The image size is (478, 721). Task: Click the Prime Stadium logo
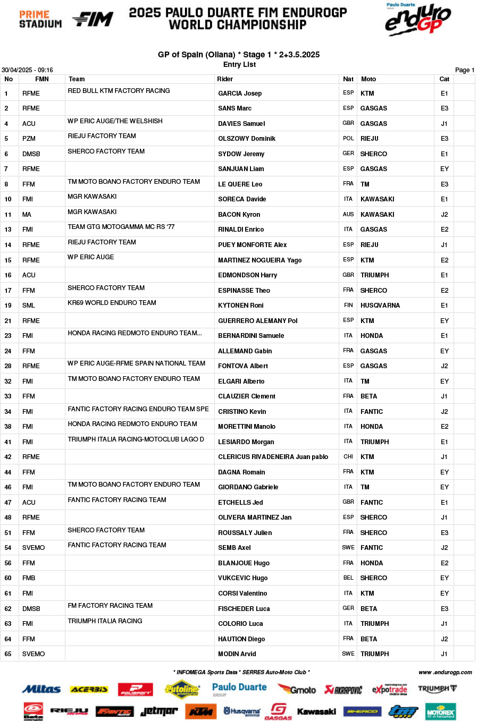(x=40, y=19)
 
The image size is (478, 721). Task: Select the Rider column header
(x=225, y=79)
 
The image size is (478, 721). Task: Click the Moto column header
(x=368, y=79)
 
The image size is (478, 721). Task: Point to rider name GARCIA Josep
(x=240, y=94)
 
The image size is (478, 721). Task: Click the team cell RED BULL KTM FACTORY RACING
(x=119, y=91)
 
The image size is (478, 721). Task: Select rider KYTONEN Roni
(x=240, y=306)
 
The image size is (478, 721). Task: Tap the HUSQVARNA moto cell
(x=380, y=306)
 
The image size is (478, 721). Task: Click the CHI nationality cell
(x=348, y=456)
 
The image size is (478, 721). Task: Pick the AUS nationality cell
(x=348, y=215)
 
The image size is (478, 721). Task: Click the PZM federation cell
(x=29, y=139)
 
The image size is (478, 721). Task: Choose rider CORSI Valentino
(x=242, y=593)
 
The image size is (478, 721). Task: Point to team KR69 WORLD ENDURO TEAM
(x=112, y=303)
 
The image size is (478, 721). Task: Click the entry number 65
(x=8, y=654)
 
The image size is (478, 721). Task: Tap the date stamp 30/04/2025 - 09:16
(x=27, y=70)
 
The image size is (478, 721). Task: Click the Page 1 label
(x=464, y=70)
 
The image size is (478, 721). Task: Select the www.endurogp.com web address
(x=445, y=672)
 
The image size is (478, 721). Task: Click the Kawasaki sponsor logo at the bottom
(x=316, y=711)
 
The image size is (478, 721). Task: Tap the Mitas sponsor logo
(x=41, y=689)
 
